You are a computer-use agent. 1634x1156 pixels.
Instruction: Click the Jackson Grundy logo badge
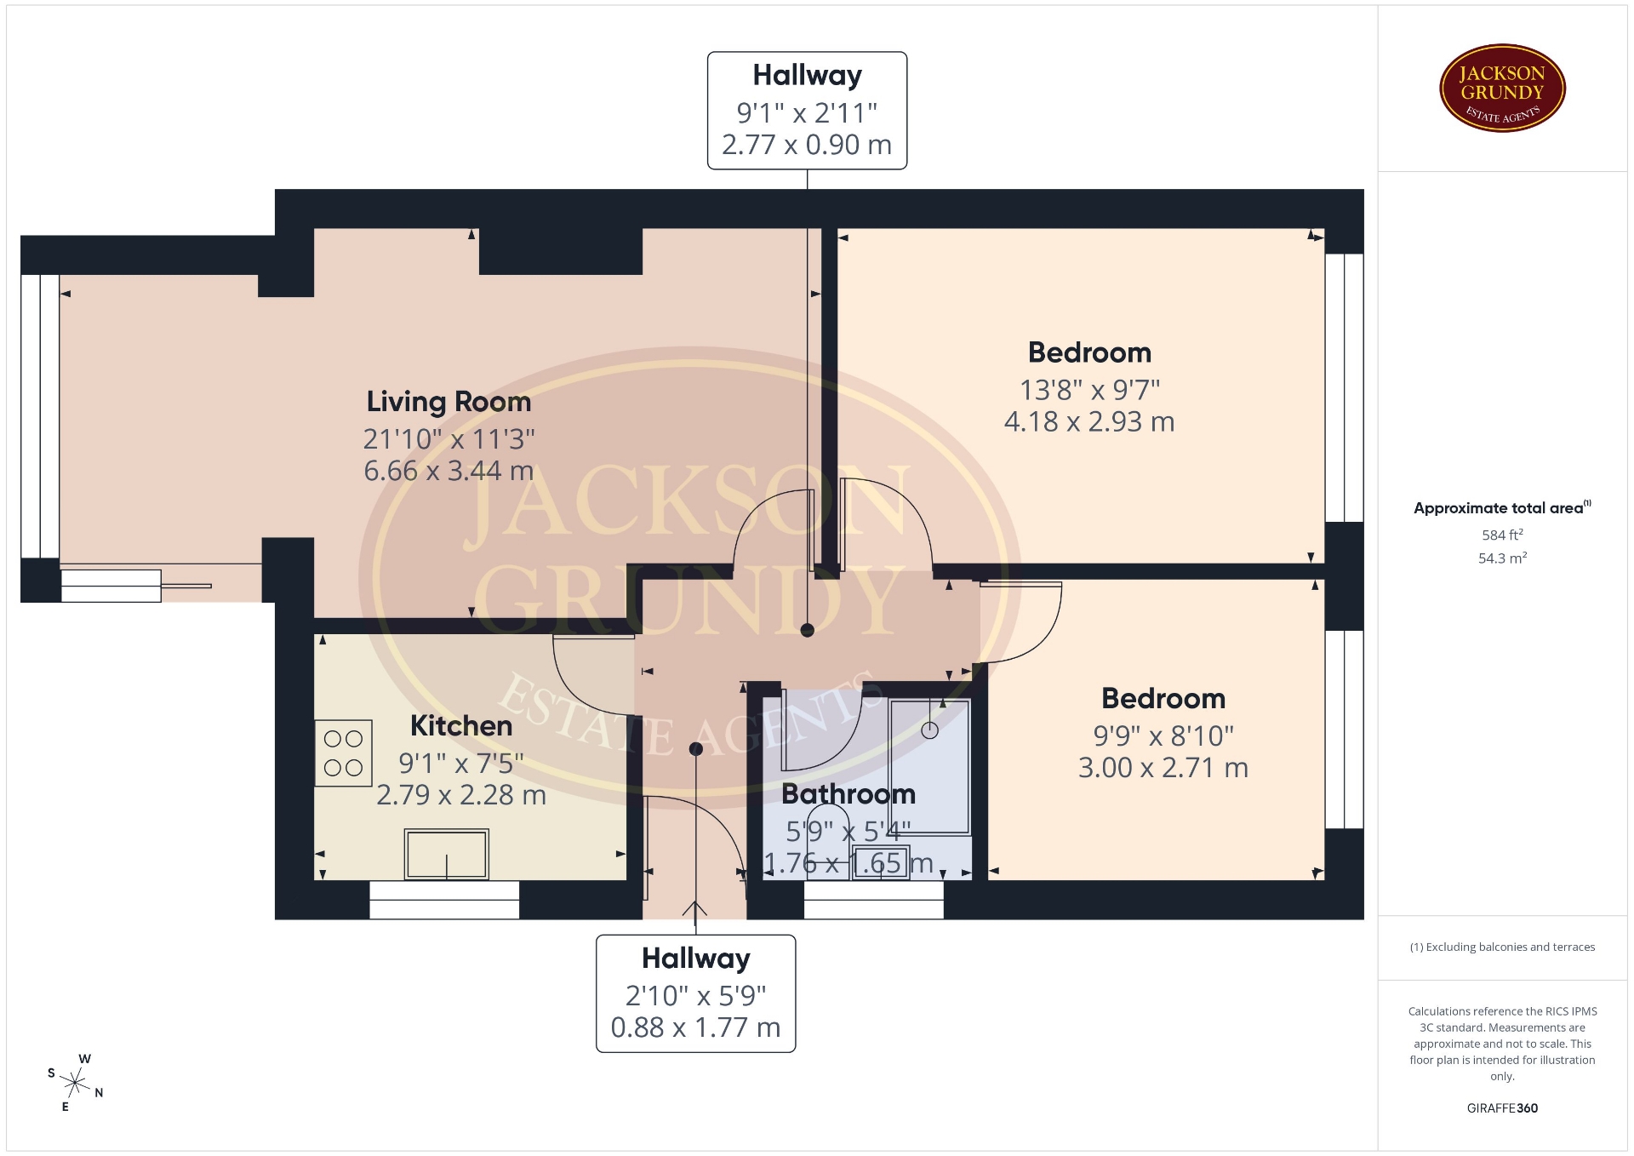click(1502, 89)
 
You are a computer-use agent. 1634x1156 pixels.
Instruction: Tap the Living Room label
click(448, 402)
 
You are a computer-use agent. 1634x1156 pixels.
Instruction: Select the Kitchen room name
click(461, 726)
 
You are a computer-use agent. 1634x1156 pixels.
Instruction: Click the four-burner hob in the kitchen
click(343, 753)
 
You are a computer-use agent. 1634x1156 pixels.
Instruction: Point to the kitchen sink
click(446, 854)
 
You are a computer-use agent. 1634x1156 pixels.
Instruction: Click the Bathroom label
click(848, 794)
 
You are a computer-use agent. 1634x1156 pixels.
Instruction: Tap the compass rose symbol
click(76, 1083)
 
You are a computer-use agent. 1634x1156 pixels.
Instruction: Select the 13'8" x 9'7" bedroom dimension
click(1089, 390)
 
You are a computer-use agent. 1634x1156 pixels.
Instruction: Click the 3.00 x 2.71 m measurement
click(1163, 768)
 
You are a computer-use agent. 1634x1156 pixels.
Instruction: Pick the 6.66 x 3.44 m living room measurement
click(448, 471)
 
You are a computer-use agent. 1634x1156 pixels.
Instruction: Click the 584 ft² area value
click(1502, 535)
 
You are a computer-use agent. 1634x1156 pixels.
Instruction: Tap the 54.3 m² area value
click(1502, 558)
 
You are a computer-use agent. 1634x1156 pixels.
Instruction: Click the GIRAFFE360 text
click(1502, 1108)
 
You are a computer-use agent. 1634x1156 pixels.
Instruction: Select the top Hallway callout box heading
click(807, 75)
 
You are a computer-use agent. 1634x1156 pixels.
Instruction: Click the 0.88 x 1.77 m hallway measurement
click(695, 1027)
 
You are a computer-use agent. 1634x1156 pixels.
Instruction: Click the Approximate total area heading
click(1502, 508)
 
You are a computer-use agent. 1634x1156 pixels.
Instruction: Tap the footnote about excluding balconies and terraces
click(1502, 947)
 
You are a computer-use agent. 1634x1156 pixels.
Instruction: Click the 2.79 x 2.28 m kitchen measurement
click(461, 795)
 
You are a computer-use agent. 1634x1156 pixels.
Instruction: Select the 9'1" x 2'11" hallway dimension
click(807, 112)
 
